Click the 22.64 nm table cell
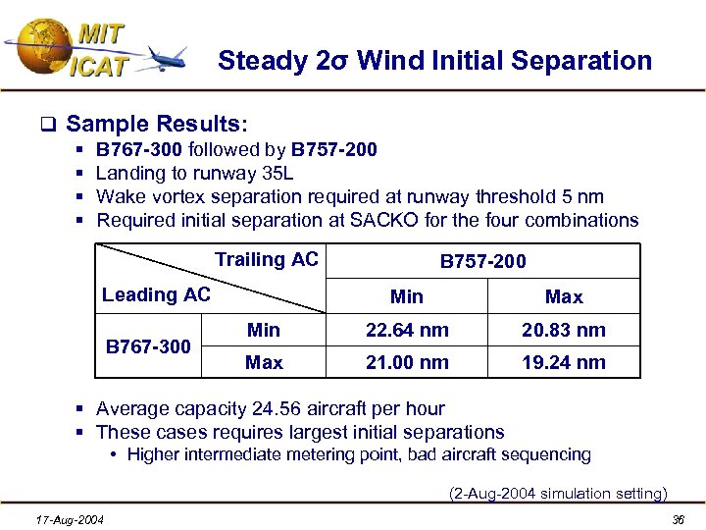click(x=406, y=330)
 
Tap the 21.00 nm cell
click(x=406, y=362)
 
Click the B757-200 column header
click(x=482, y=261)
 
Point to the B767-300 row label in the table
click(x=148, y=345)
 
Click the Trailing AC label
click(x=266, y=259)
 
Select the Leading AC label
click(x=156, y=294)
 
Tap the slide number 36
click(x=676, y=518)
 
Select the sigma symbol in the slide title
click(x=341, y=62)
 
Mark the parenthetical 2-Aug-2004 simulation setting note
click(x=557, y=493)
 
